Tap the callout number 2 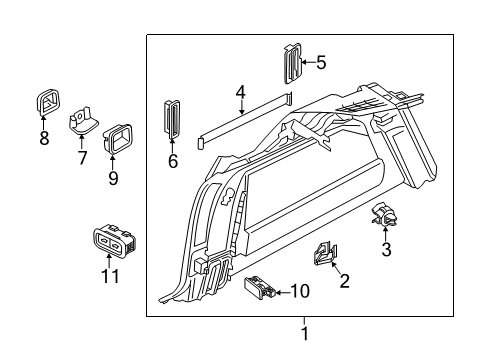pyautogui.click(x=344, y=281)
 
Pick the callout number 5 pyautogui.click(x=320, y=63)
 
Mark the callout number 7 pyautogui.click(x=83, y=158)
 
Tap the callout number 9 pyautogui.click(x=113, y=178)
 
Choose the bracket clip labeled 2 pyautogui.click(x=326, y=255)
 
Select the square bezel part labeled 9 pyautogui.click(x=117, y=139)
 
